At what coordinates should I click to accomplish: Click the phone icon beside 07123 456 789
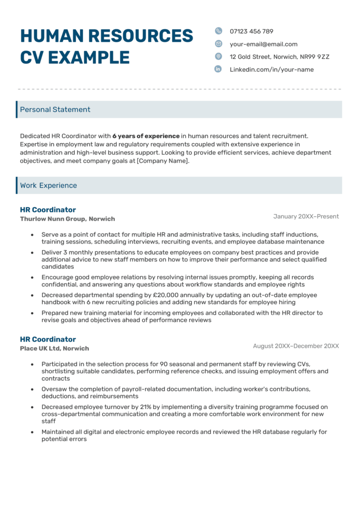point(218,31)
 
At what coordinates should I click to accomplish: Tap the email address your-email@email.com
point(264,44)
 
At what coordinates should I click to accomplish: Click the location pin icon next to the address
point(218,57)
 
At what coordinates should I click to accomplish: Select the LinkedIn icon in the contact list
point(218,70)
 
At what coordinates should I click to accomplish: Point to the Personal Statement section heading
point(55,110)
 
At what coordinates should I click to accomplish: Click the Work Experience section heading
point(49,185)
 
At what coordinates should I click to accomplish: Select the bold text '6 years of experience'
point(146,136)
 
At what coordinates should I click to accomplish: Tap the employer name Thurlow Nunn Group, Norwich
point(68,219)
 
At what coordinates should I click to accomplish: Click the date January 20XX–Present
point(306,216)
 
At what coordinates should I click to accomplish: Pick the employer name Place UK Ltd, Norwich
point(55,348)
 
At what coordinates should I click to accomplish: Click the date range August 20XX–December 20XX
point(296,346)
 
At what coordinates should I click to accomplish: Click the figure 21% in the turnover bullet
point(129,407)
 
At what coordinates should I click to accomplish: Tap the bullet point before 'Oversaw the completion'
point(32,389)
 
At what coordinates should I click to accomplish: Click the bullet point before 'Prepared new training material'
point(32,313)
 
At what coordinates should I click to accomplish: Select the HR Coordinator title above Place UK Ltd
point(48,339)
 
